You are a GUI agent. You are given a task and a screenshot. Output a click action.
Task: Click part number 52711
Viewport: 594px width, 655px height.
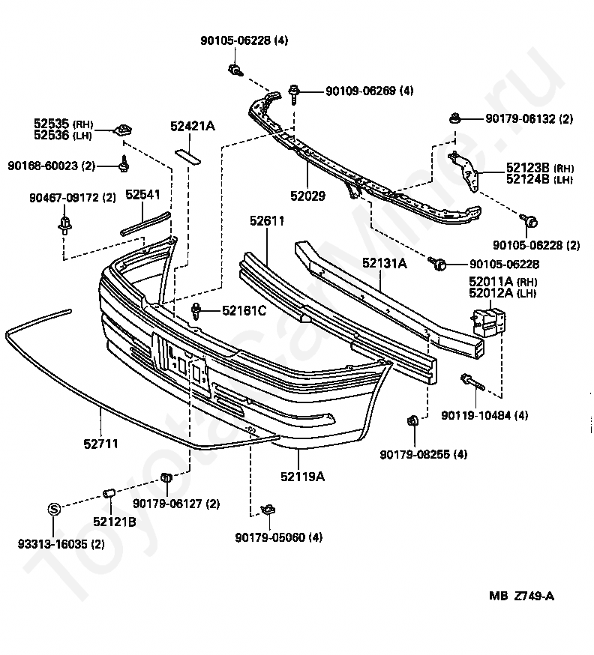(100, 444)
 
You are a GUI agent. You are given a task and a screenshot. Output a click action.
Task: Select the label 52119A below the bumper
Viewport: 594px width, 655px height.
(302, 476)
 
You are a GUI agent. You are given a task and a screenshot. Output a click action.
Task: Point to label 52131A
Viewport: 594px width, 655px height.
(385, 263)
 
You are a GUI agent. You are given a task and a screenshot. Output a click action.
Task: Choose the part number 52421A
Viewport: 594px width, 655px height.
(192, 127)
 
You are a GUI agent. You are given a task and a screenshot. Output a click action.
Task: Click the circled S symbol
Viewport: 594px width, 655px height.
(54, 508)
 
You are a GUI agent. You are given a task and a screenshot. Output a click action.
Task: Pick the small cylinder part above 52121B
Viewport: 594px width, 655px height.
(109, 493)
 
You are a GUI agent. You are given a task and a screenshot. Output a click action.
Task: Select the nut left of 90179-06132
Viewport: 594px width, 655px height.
(454, 118)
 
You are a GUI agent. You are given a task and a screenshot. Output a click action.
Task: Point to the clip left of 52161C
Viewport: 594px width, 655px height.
(197, 309)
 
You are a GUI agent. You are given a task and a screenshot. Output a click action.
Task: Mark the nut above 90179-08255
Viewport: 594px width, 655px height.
(412, 420)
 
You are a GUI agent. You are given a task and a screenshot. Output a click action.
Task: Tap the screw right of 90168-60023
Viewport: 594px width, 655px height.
(124, 163)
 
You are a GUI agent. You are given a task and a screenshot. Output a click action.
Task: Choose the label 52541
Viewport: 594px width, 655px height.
(142, 194)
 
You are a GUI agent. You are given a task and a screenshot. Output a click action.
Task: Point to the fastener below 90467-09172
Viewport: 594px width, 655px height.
(64, 223)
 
